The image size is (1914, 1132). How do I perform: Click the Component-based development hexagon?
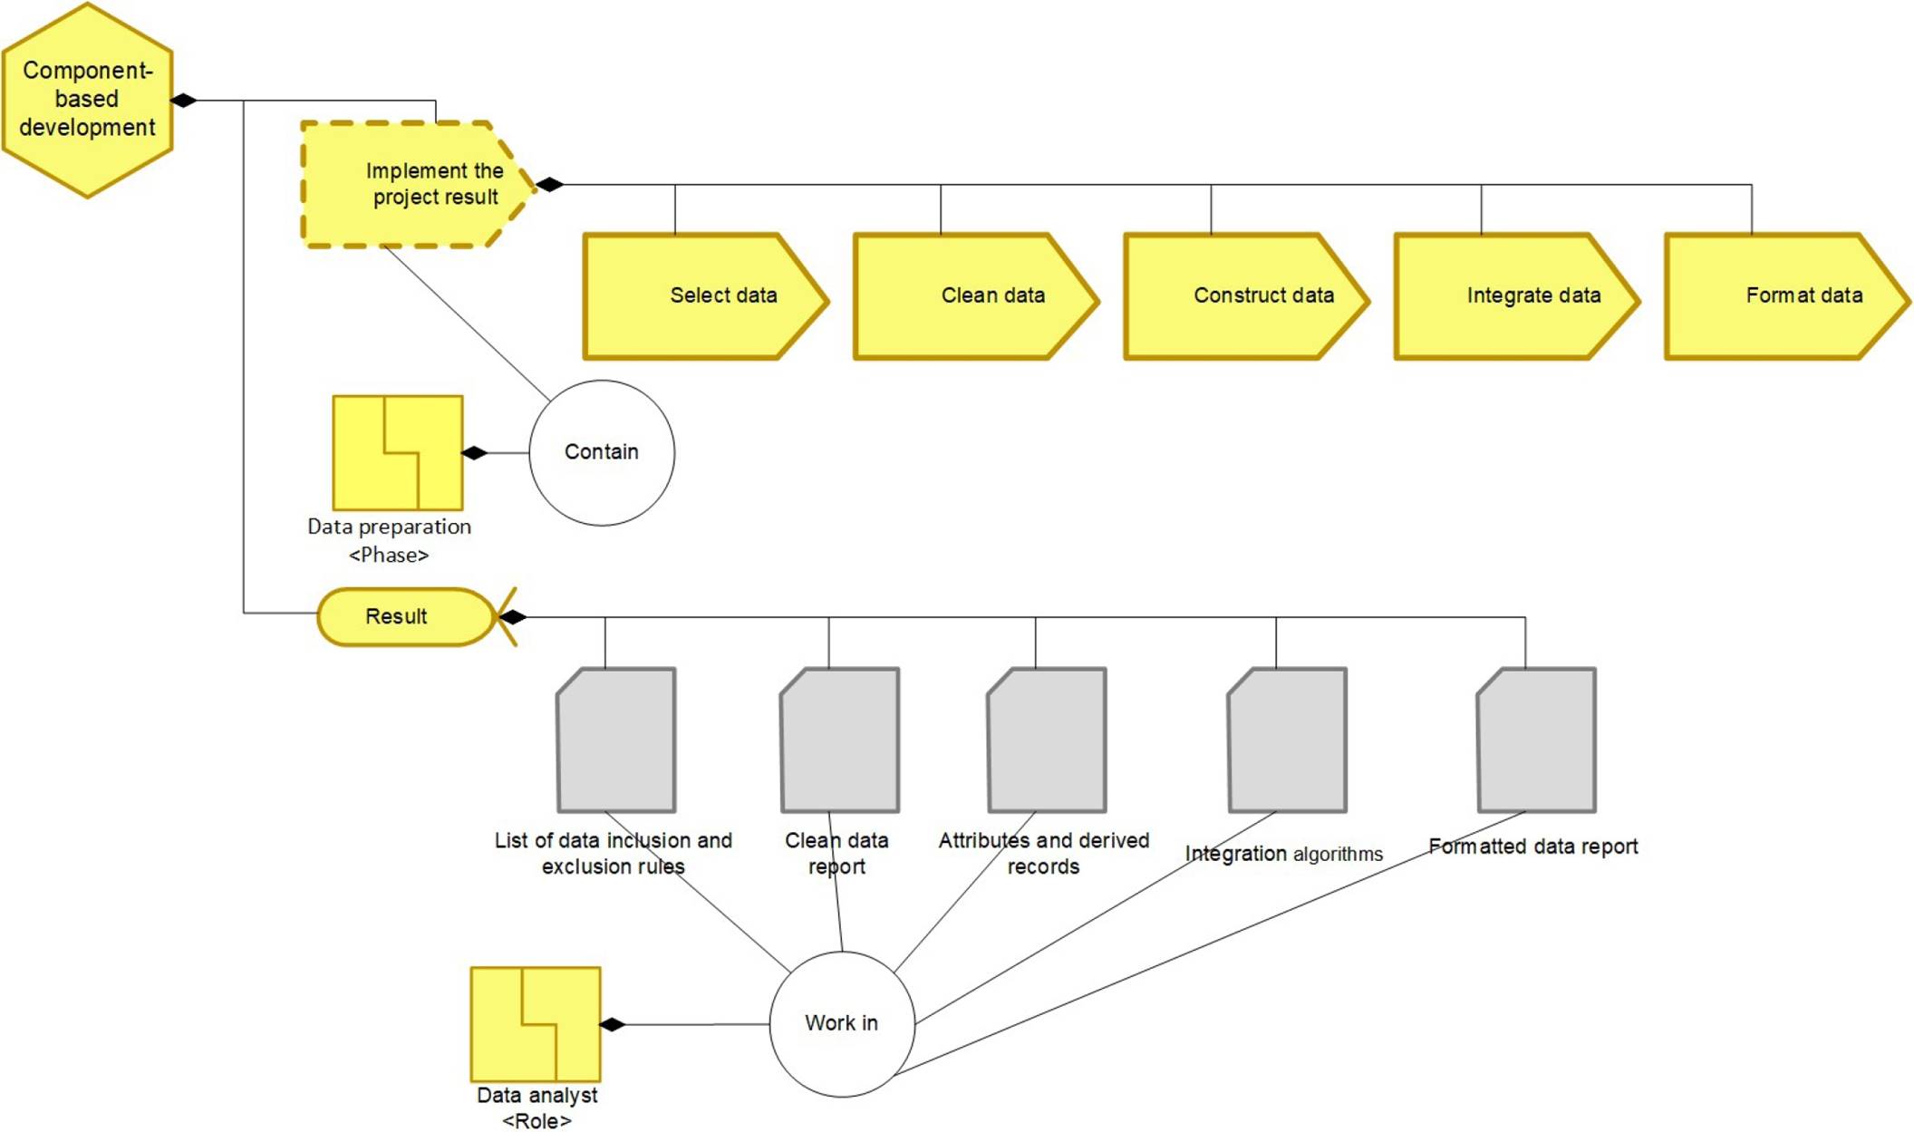click(x=87, y=100)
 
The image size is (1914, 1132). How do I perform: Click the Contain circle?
click(x=602, y=452)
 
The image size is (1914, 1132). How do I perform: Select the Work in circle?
click(x=842, y=1023)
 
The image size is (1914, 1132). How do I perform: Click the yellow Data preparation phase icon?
click(x=398, y=452)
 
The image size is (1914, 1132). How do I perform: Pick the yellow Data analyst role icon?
click(x=536, y=1024)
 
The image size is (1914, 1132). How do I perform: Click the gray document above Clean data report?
click(x=840, y=740)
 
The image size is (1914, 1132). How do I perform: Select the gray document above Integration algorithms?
click(x=1287, y=740)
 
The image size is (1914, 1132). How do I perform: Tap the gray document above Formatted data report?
click(x=1536, y=740)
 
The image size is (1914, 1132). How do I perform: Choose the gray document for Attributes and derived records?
click(x=1047, y=740)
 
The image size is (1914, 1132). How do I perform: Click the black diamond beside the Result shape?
click(x=513, y=617)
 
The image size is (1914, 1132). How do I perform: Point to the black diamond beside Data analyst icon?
click(x=613, y=1024)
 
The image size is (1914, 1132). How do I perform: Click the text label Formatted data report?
click(x=1532, y=847)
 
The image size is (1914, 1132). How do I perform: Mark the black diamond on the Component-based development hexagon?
click(x=184, y=100)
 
